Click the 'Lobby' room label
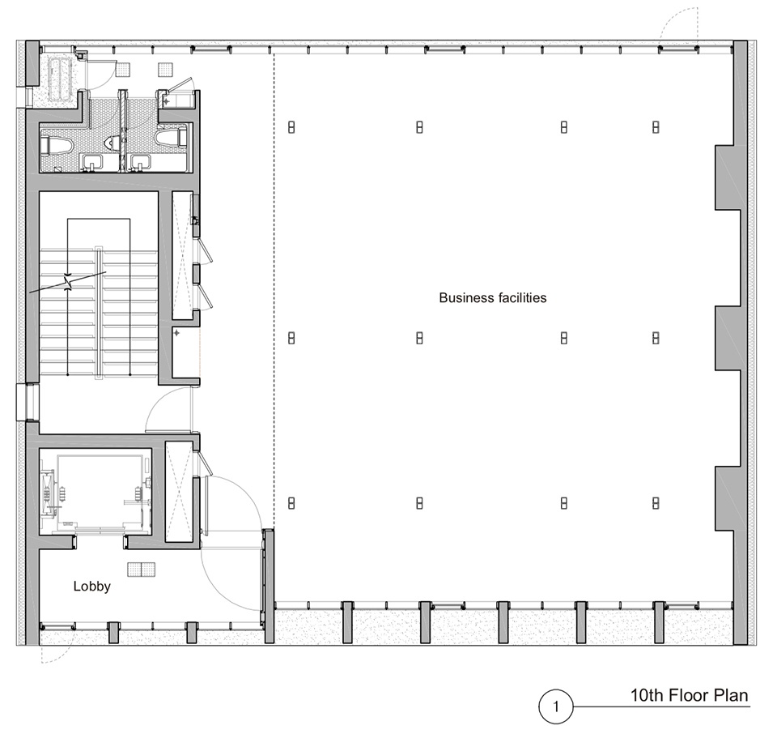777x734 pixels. click(x=91, y=587)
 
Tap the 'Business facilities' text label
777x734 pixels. click(x=493, y=297)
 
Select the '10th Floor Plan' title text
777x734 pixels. click(x=689, y=695)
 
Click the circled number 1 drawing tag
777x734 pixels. click(x=555, y=706)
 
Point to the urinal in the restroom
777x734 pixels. click(x=113, y=143)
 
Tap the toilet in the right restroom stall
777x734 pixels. click(x=170, y=138)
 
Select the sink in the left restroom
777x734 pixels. click(x=92, y=163)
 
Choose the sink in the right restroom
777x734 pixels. click(x=140, y=163)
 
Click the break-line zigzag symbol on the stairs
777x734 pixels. click(x=69, y=283)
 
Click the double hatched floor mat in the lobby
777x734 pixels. click(x=141, y=570)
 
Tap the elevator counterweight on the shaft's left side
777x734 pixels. click(x=47, y=491)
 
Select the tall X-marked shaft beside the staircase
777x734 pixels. click(x=182, y=255)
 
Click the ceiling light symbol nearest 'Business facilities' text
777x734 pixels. click(x=419, y=338)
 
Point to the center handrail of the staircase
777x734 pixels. click(x=100, y=313)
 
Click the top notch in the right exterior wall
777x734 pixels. click(x=724, y=177)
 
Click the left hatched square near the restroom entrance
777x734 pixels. click(x=122, y=70)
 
